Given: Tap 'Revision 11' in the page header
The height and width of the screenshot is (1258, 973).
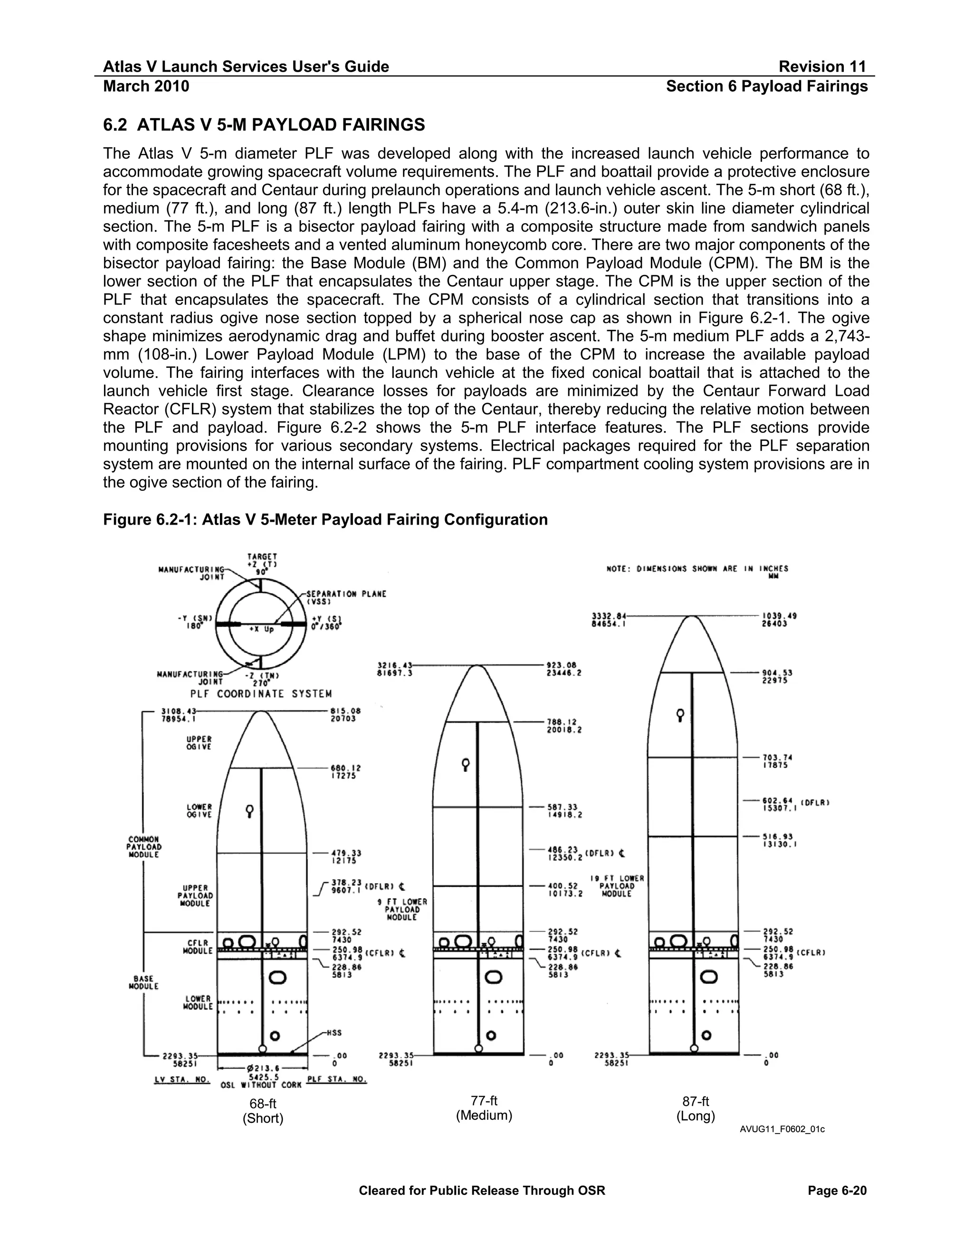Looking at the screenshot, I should click(822, 67).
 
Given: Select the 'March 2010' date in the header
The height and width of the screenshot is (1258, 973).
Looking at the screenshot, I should click(146, 86).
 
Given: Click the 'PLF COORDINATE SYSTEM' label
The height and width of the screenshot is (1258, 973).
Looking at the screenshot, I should click(261, 694).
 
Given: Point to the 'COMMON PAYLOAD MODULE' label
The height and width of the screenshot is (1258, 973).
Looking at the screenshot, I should click(143, 847).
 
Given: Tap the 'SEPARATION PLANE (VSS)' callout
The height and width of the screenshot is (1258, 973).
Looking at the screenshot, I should click(346, 597).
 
